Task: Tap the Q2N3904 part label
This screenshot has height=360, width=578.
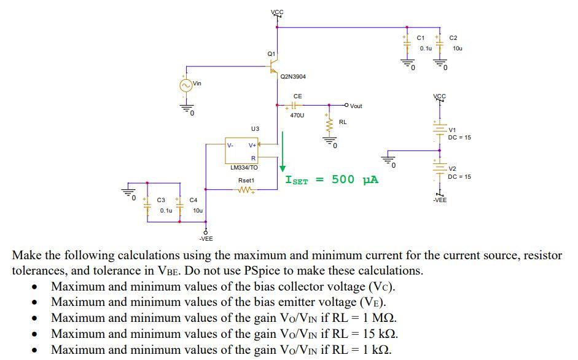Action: click(293, 77)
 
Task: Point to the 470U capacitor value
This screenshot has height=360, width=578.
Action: click(297, 115)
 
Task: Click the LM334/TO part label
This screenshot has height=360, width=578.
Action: click(244, 167)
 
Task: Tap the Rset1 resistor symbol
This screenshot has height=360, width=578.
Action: click(244, 190)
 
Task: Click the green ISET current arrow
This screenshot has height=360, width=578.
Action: click(283, 151)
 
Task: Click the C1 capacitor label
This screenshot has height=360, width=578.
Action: click(420, 38)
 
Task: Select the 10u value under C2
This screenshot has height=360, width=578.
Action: click(457, 48)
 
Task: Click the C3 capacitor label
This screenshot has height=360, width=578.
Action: click(161, 200)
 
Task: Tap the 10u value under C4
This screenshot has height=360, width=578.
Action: click(197, 210)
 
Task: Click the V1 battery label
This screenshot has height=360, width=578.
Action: click(453, 130)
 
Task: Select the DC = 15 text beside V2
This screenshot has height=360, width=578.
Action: click(459, 176)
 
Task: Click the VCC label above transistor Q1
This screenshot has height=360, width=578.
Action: click(277, 12)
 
